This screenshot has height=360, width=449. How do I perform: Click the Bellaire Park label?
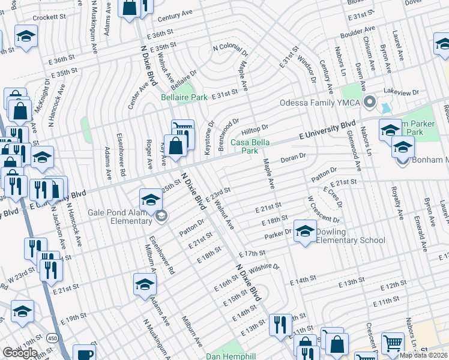[184, 97]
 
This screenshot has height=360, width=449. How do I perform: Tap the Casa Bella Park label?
[250, 146]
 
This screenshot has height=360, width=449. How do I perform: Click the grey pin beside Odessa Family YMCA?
[371, 102]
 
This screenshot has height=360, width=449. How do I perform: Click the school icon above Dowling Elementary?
[305, 231]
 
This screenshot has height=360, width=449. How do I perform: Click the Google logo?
[19, 353]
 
